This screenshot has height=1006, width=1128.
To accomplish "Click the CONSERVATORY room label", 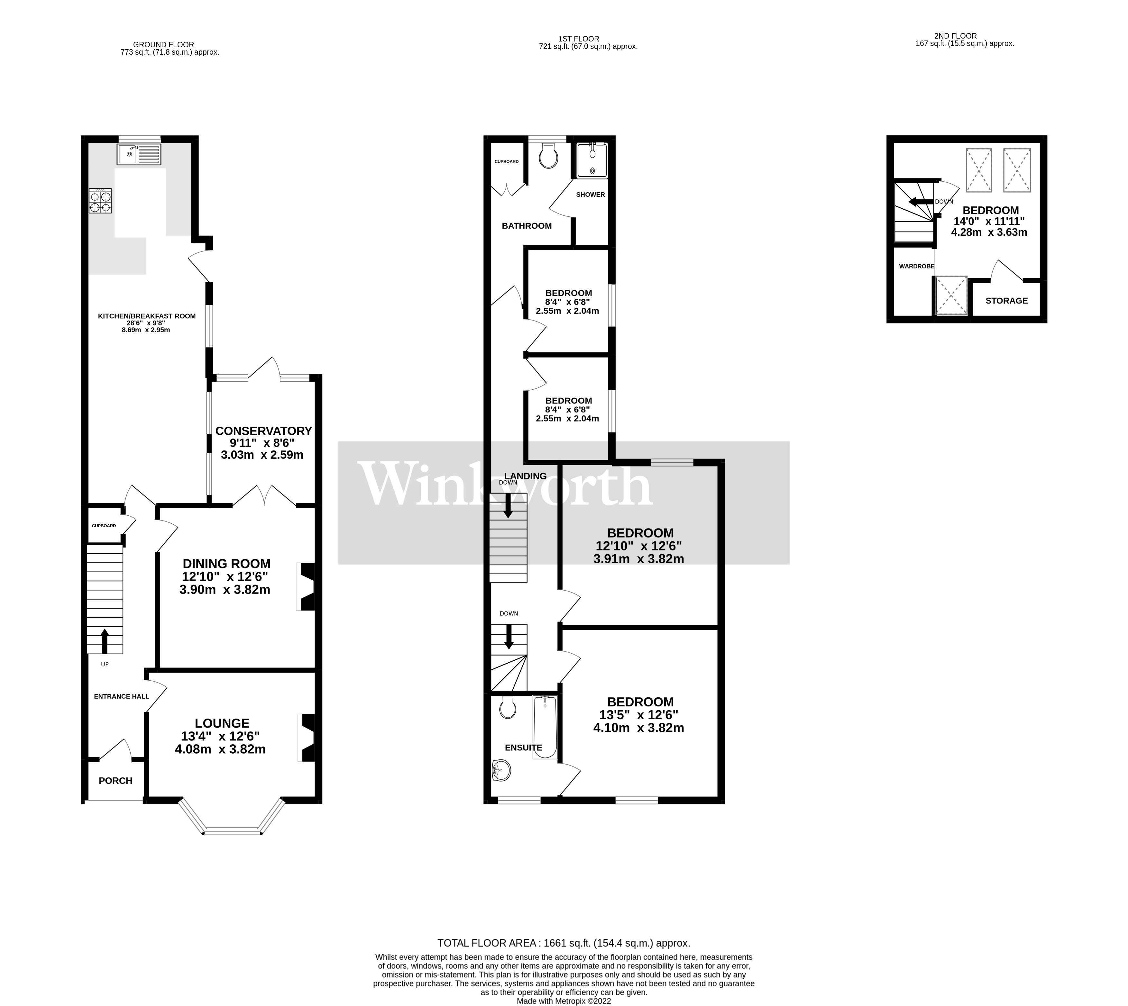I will [x=263, y=430].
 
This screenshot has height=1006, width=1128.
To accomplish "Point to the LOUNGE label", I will [x=222, y=723].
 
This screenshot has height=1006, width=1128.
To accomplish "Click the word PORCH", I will [x=115, y=781].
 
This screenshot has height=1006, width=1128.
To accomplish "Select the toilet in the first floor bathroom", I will [x=548, y=156].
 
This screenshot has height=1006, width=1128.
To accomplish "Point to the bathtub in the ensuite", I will [x=545, y=727].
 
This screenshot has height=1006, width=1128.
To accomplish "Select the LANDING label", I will [x=525, y=476].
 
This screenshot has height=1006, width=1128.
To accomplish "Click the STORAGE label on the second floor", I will [x=1006, y=301].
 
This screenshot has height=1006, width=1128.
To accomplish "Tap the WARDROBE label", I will [x=916, y=267].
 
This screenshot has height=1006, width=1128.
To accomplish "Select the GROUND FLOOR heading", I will [x=164, y=45].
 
